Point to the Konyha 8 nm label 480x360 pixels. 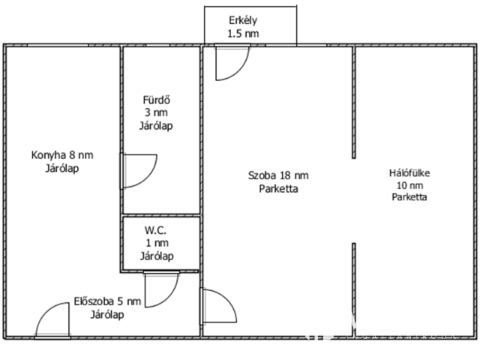(x=61, y=156)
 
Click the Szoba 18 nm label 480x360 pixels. (x=278, y=175)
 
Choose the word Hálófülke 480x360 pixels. (x=409, y=172)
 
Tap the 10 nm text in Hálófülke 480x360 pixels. (x=409, y=185)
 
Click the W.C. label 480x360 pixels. (x=156, y=230)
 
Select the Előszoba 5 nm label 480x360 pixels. (x=107, y=302)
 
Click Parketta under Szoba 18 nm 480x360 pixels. (x=278, y=189)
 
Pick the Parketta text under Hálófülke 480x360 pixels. (x=409, y=197)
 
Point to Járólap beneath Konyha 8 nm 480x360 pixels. (x=61, y=169)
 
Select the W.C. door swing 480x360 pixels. (x=160, y=289)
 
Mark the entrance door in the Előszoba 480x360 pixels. (x=52, y=319)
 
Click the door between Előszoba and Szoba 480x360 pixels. (x=217, y=307)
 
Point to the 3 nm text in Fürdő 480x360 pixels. (x=156, y=112)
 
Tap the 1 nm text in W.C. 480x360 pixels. (x=156, y=243)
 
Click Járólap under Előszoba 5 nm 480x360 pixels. (x=107, y=315)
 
